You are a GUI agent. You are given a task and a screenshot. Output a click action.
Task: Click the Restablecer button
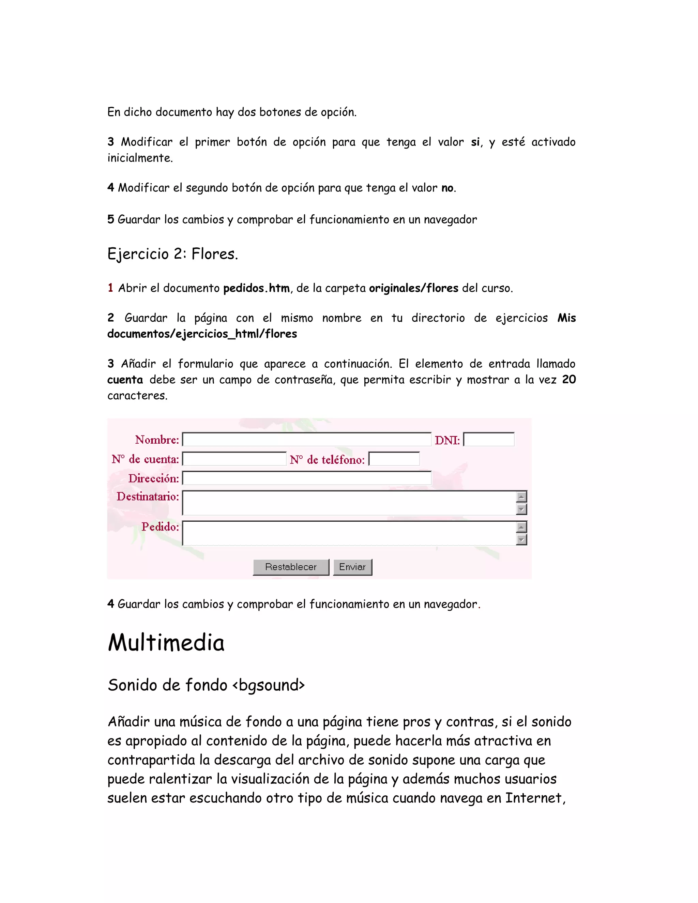(x=291, y=567)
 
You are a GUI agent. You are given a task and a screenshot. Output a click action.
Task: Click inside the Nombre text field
(x=306, y=440)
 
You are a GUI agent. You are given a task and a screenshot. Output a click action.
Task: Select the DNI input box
(x=489, y=440)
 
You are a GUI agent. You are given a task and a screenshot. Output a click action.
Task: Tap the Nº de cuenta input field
(x=234, y=459)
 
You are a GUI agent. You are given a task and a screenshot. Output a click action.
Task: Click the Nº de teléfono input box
(x=394, y=459)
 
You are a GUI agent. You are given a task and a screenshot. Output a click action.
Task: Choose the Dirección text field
(x=306, y=478)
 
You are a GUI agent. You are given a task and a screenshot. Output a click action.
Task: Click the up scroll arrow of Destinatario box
(x=521, y=496)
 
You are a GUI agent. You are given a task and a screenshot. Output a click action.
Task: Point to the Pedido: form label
(x=160, y=527)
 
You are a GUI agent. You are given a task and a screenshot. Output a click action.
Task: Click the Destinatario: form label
(x=148, y=496)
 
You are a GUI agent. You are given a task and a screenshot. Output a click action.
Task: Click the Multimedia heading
(x=166, y=643)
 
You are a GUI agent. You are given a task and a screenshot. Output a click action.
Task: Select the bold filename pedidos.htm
(x=256, y=288)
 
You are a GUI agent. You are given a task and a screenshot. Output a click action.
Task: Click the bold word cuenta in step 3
(x=125, y=380)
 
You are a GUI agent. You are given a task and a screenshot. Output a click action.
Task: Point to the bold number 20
(x=568, y=380)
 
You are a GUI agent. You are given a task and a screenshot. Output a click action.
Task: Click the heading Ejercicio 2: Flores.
(x=172, y=254)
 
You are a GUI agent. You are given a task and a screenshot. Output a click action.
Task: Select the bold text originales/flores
(x=413, y=288)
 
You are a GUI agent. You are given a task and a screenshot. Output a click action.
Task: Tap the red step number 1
(x=110, y=288)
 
